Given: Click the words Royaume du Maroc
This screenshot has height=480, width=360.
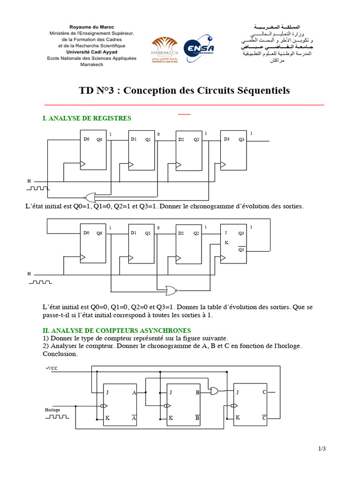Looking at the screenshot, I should click(91, 27).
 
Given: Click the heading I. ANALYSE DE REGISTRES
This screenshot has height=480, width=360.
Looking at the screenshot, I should click(87, 119).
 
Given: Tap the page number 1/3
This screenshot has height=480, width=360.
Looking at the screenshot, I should click(322, 449).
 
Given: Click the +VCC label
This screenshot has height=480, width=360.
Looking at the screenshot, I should click(51, 368).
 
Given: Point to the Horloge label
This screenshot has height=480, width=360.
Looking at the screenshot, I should click(52, 410).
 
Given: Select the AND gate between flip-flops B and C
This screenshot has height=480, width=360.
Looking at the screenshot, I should click(216, 390).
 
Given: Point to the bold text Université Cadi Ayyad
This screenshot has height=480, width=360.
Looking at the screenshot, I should click(91, 52).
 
